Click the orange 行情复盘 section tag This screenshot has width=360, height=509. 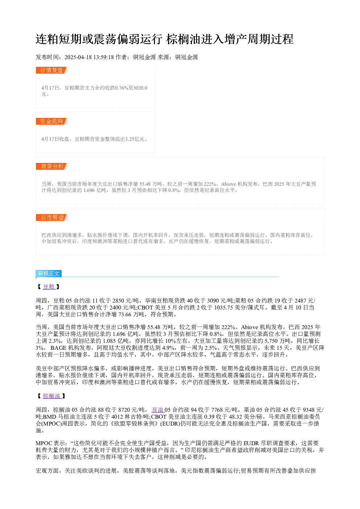coord(52,70)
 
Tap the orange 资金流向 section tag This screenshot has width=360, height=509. coord(52,121)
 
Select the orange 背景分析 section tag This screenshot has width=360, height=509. coord(52,166)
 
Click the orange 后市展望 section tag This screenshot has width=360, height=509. coord(52,217)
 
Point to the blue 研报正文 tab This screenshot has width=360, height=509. coord(49,273)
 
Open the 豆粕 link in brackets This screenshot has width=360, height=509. coord(49,287)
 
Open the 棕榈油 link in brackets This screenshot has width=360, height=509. coord(52,396)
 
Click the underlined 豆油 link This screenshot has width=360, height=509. coord(158,410)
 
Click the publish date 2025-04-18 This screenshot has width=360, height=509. coord(78,57)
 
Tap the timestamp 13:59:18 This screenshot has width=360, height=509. coord(104,57)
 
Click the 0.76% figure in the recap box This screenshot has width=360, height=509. coord(122,88)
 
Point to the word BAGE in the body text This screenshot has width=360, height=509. coord(58,348)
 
